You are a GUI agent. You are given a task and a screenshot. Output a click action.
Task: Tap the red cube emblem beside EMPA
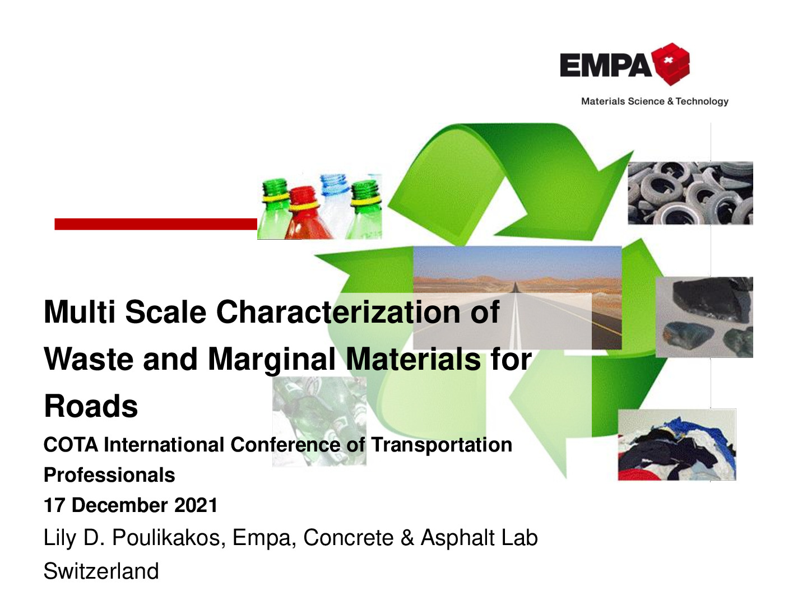click(671, 64)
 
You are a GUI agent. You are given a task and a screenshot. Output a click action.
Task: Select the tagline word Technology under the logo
click(702, 101)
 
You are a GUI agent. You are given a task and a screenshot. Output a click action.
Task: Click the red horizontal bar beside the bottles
click(156, 224)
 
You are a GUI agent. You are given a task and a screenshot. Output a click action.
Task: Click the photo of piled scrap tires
click(690, 193)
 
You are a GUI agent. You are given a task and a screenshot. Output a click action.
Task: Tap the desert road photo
click(517, 297)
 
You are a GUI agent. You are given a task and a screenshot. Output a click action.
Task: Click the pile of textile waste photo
click(677, 444)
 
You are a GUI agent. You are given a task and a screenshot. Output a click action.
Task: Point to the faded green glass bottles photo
click(319, 421)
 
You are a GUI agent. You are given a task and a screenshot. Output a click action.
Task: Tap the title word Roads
click(91, 406)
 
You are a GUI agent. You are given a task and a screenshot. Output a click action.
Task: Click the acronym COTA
click(71, 445)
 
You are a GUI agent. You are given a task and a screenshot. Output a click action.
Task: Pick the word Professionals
click(109, 475)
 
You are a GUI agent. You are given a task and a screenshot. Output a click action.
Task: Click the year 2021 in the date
click(196, 505)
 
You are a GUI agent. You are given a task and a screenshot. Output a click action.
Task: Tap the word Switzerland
click(101, 571)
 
